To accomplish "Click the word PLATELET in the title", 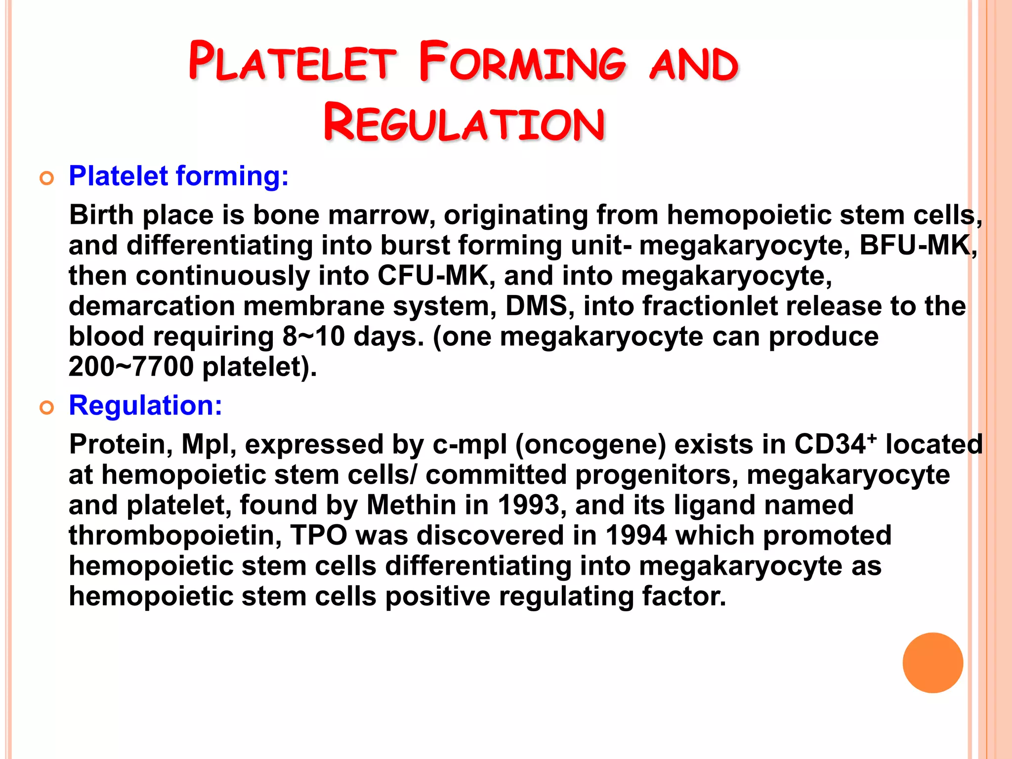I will (292, 62).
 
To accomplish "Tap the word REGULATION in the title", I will (464, 124).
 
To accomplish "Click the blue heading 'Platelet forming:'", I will (178, 176).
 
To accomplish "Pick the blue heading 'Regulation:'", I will (145, 406).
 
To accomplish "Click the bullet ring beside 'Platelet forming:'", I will (47, 178).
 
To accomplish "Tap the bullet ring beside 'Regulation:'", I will (47, 408).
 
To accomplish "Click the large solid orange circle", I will (932, 663).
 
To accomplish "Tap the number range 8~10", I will (313, 337).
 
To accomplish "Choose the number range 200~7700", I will (131, 367).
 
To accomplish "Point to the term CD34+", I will (835, 444).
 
